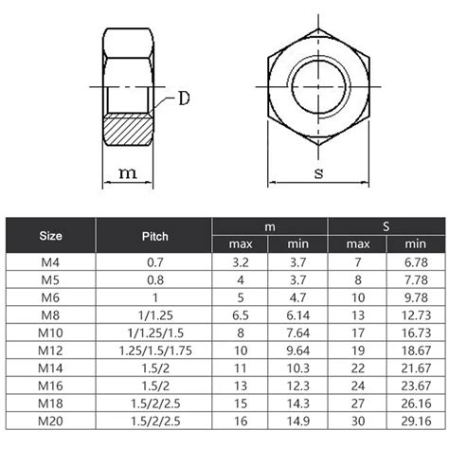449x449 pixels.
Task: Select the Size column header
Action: [51, 235]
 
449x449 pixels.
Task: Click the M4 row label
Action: [51, 260]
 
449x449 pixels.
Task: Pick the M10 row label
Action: [51, 332]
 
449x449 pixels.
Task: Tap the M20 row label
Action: [51, 422]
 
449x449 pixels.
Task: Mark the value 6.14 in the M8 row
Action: [298, 314]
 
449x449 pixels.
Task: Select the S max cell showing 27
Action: [356, 404]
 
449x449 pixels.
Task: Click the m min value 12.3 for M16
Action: [298, 386]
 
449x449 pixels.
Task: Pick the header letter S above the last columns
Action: [386, 225]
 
